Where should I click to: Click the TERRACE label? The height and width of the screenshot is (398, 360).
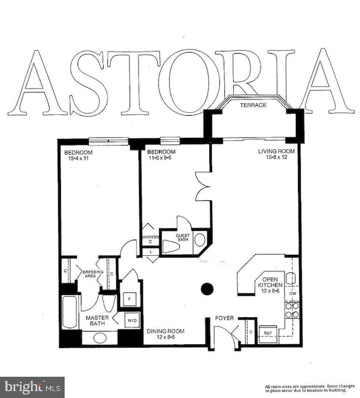pyautogui.click(x=253, y=105)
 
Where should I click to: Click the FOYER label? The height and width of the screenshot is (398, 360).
pyautogui.click(x=224, y=318)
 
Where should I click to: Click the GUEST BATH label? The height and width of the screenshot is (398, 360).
pyautogui.click(x=183, y=237)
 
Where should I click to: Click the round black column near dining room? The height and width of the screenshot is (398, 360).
pyautogui.click(x=207, y=288)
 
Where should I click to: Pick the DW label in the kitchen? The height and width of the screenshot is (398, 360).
pyautogui.click(x=293, y=293)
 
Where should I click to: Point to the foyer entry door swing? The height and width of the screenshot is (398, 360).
pyautogui.click(x=224, y=335)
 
